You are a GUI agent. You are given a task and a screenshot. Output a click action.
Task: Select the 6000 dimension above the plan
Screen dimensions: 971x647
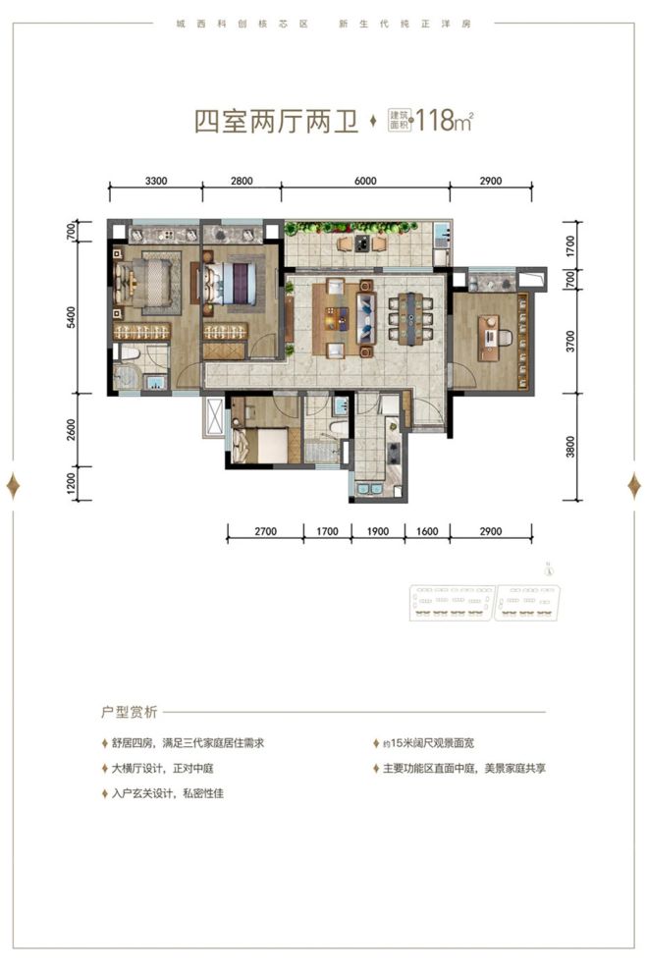point(364,180)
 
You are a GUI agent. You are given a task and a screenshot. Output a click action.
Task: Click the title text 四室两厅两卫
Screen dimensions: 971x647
point(274,123)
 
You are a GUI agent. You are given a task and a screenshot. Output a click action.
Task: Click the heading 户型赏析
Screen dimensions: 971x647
point(130,712)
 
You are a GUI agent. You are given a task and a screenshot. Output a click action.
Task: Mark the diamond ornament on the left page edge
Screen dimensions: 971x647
point(15,485)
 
